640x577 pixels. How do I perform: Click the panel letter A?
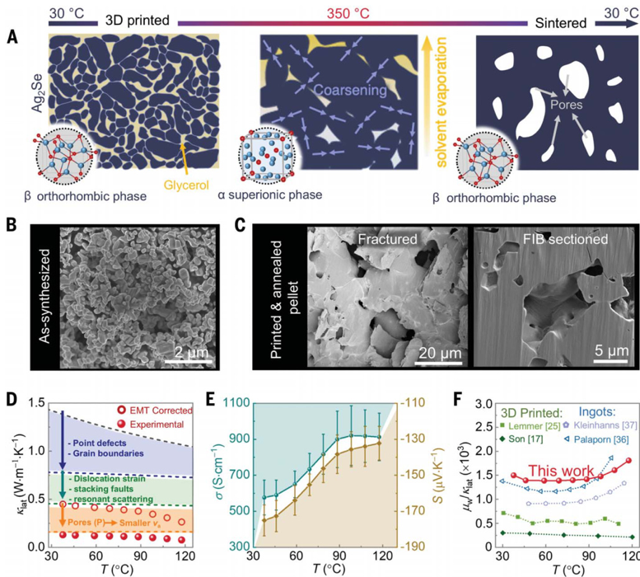click(12, 37)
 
